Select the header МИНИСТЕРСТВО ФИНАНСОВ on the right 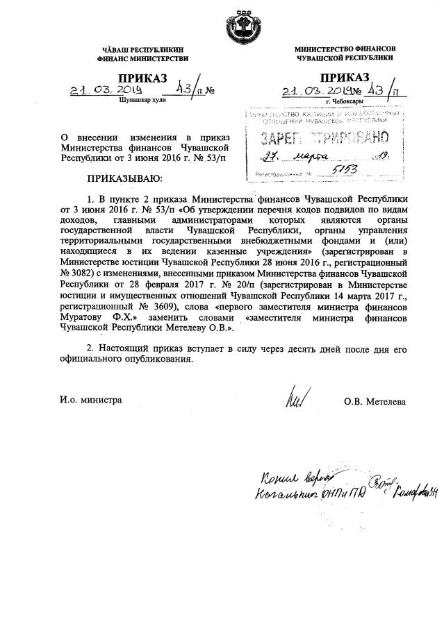[345, 50]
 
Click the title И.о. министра [91, 400]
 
